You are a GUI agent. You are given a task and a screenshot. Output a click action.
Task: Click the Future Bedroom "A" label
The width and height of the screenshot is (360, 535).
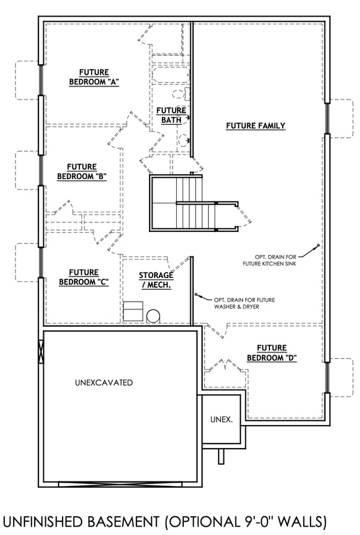tap(94, 77)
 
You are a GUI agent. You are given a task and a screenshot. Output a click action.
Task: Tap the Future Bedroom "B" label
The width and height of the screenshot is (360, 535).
tap(82, 171)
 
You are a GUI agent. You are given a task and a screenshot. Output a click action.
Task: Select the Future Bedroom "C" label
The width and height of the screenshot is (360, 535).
tap(84, 277)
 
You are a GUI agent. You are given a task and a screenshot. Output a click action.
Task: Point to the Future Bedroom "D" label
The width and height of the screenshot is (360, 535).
tap(272, 352)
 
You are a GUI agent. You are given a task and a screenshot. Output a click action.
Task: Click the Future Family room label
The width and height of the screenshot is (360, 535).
tap(256, 125)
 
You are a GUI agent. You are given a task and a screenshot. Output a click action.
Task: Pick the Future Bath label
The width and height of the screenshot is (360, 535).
tap(171, 115)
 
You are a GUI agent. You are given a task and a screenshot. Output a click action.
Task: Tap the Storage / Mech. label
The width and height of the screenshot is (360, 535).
tap(156, 280)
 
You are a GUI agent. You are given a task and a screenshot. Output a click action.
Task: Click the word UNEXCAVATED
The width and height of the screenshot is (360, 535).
tap(104, 382)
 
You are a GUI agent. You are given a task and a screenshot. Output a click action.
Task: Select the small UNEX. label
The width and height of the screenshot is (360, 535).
tap(221, 419)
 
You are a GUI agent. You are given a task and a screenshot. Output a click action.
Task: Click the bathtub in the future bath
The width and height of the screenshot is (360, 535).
tap(171, 75)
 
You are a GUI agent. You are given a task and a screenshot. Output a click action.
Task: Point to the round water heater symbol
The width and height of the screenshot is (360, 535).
tap(153, 316)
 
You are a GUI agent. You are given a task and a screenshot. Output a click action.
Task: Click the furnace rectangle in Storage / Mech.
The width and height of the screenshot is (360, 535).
tap(133, 311)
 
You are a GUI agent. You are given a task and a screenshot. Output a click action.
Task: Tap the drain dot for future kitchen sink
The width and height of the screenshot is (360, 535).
tap(318, 245)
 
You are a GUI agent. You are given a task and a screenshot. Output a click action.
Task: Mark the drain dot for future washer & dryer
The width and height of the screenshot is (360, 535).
tap(196, 294)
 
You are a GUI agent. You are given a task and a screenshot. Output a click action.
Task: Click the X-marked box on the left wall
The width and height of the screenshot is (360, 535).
tap(41, 352)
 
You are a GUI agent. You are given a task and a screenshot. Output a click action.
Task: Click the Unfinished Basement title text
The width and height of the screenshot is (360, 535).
tap(164, 522)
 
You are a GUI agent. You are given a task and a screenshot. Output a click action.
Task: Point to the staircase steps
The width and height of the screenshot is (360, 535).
tap(196, 203)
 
